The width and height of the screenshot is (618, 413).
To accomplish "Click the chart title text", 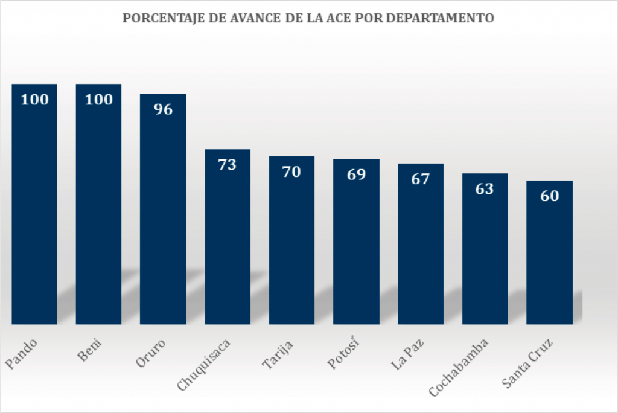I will point(308,18).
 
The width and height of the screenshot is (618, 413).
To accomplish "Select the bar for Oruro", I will point(163,211).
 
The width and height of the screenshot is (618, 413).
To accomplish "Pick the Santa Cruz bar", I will point(549,254).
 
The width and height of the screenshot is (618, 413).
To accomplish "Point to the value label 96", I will point(163,109).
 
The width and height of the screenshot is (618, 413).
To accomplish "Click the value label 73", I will point(228,164).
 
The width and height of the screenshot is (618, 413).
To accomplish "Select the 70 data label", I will point(291,171).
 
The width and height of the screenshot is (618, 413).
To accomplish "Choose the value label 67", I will point(421,179).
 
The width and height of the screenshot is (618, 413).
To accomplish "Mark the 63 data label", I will point(485,188).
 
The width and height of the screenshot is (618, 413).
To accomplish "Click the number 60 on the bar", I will point(549,196).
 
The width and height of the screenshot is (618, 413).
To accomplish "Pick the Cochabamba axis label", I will point(459,369).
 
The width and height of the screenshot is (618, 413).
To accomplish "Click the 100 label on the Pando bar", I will point(34,100).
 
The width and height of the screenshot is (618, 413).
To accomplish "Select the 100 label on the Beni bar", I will point(98,100).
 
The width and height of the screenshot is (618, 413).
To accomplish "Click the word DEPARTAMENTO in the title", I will point(440,18).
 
